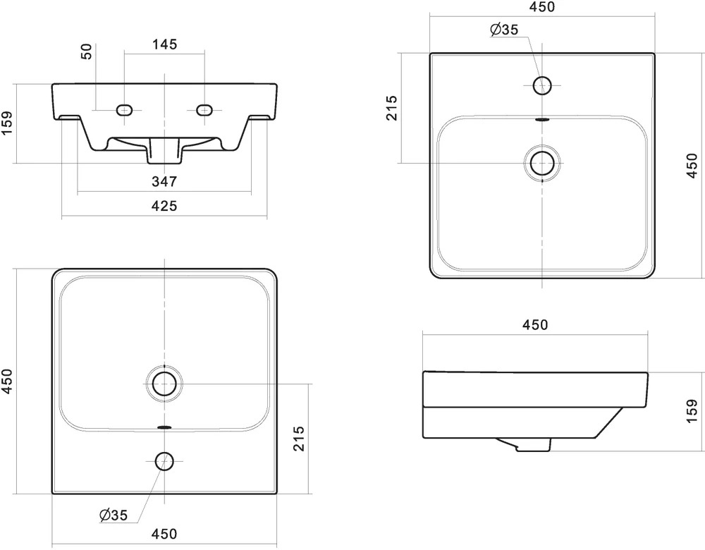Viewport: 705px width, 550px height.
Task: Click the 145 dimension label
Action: tap(164, 44)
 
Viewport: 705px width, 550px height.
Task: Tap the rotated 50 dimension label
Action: tap(86, 51)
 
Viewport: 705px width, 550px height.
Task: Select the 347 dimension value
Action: tap(164, 182)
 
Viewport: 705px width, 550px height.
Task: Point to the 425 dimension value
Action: tap(164, 206)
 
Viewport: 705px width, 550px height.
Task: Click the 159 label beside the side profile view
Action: tap(692, 410)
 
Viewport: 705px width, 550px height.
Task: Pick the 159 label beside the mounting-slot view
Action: tap(7, 123)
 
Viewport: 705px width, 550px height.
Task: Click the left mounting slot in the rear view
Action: tap(124, 110)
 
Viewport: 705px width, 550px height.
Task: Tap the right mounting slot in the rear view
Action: tap(204, 110)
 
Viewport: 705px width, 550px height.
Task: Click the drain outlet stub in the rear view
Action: tap(164, 151)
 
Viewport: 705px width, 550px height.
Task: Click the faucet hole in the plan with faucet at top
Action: tap(542, 85)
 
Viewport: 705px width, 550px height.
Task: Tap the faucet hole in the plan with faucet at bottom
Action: tap(164, 461)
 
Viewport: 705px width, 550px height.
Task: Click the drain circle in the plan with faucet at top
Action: tap(542, 163)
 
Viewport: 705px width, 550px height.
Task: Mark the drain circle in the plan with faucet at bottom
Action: tap(164, 384)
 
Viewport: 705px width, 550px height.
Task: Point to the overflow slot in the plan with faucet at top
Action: tap(542, 121)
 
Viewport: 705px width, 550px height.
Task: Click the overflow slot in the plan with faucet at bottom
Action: tap(164, 427)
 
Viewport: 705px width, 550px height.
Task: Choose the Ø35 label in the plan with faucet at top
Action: tap(504, 30)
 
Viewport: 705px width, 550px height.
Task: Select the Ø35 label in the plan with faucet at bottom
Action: tap(114, 515)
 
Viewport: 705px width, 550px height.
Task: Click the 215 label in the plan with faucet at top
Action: tap(392, 108)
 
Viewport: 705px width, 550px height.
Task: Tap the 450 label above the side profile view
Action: tap(535, 324)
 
